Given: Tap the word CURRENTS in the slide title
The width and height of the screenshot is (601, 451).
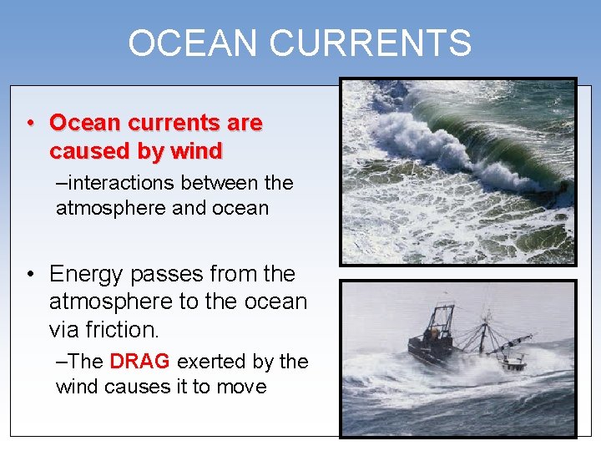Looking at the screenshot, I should pyautogui.click(x=381, y=43).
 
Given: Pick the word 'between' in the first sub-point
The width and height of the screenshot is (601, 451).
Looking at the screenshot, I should pyautogui.click(x=218, y=182).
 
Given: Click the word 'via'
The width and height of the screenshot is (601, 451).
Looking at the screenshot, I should pyautogui.click(x=65, y=330).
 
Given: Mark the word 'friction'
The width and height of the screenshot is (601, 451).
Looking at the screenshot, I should pyautogui.click(x=121, y=330).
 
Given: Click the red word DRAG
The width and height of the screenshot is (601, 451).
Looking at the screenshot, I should pyautogui.click(x=139, y=362).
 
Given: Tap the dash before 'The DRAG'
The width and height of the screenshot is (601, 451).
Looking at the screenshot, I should pyautogui.click(x=61, y=362).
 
